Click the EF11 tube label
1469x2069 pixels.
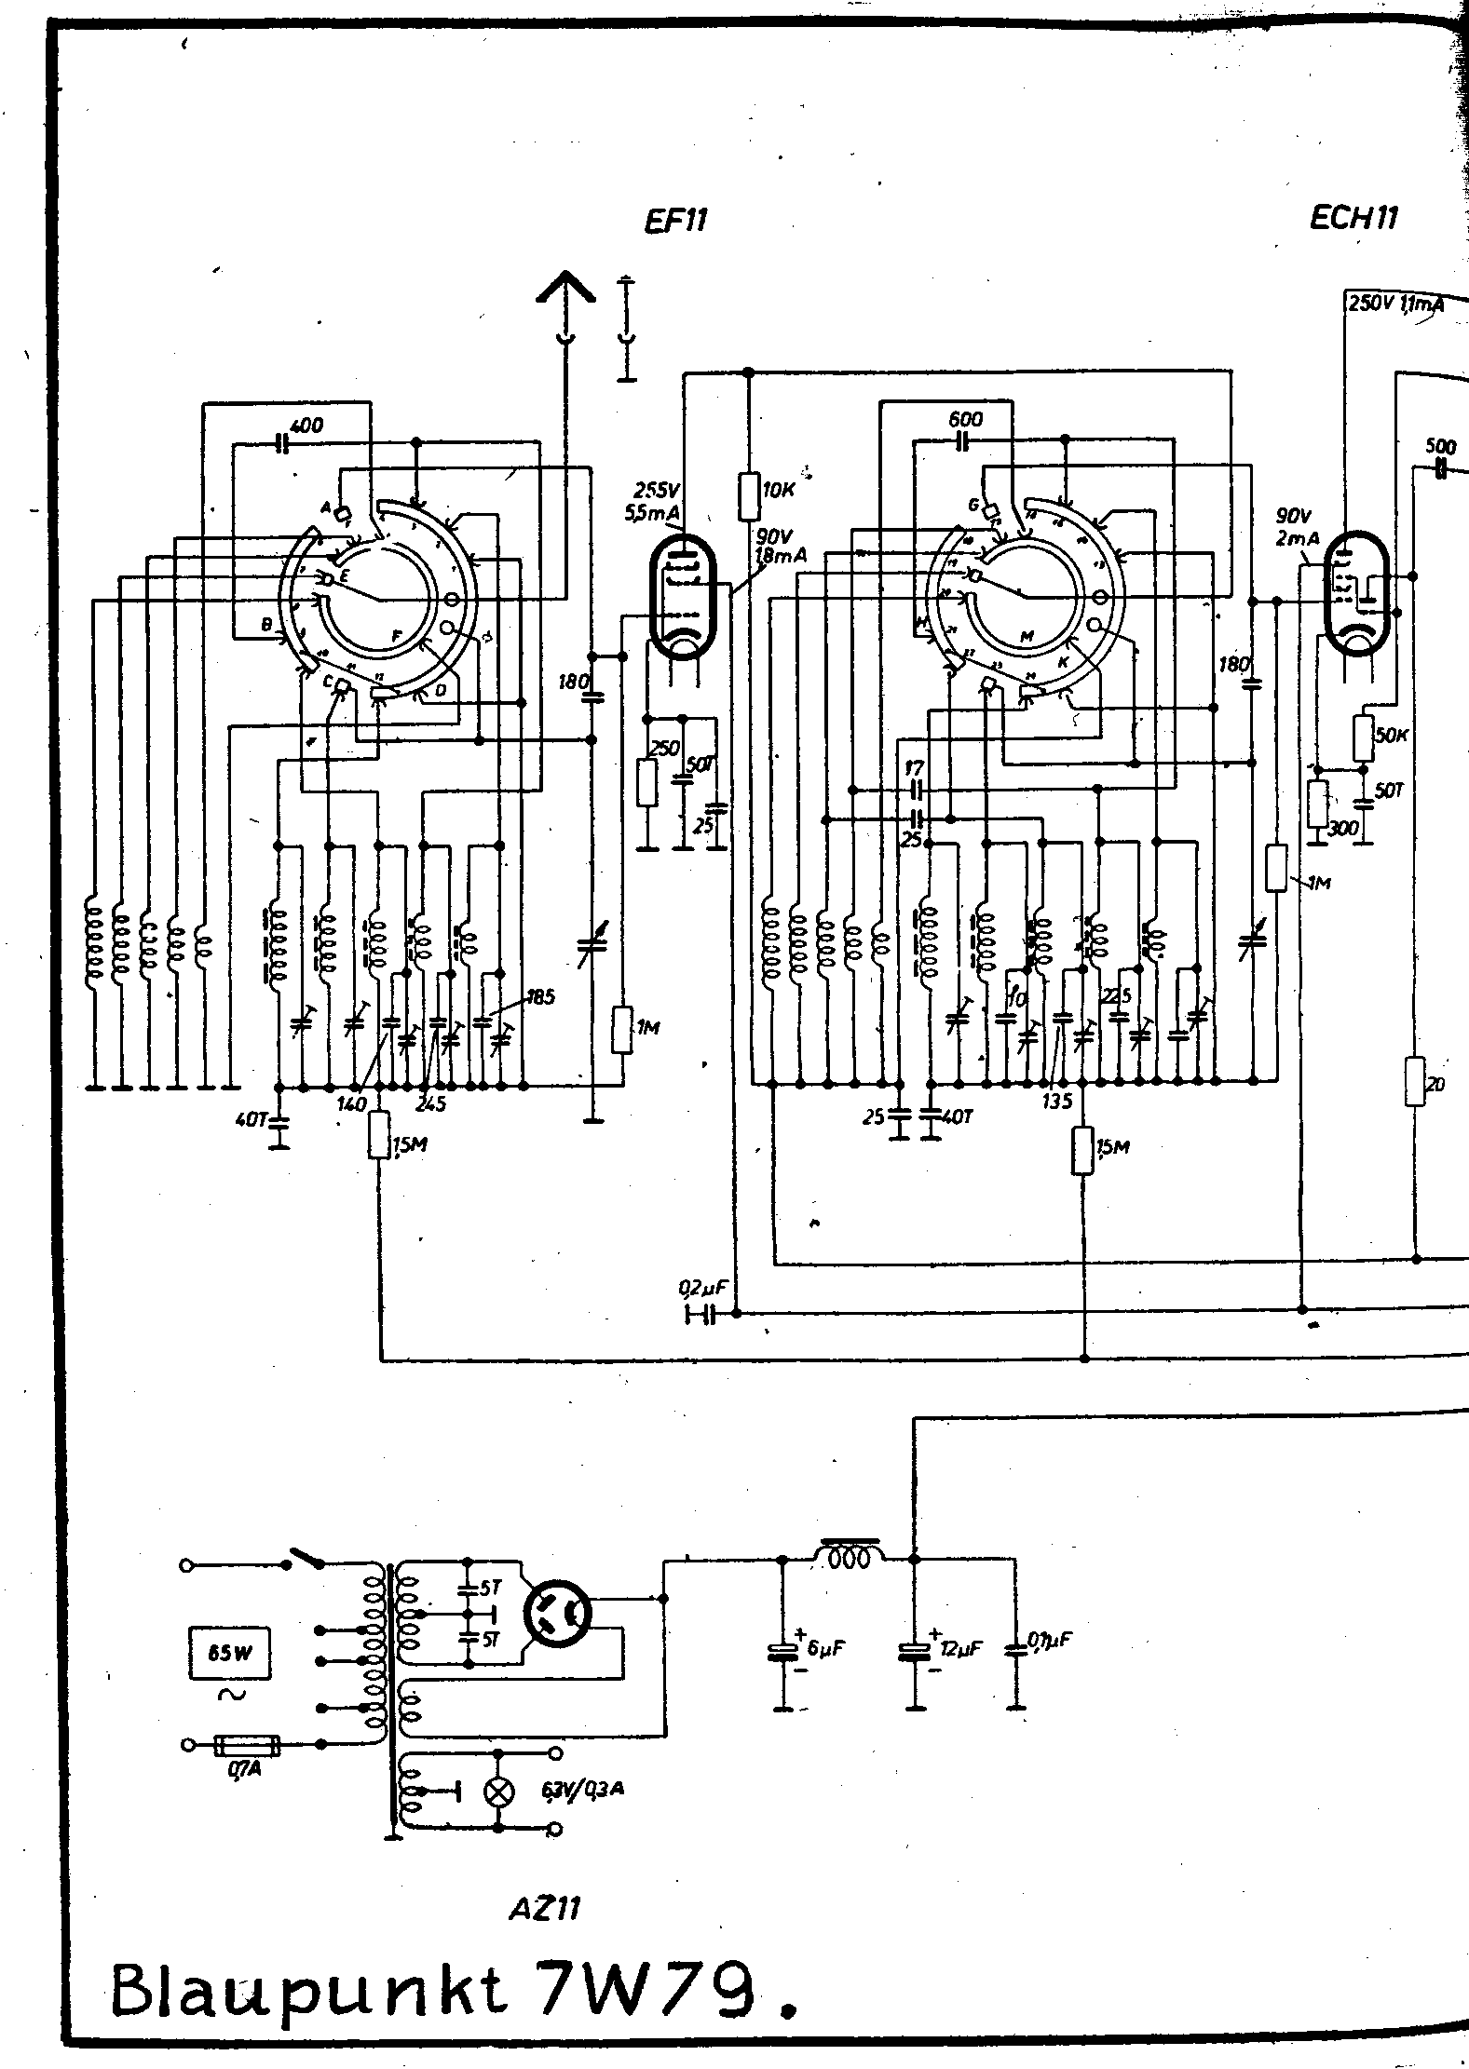[675, 222]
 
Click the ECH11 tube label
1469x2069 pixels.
[1353, 218]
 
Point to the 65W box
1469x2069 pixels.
[229, 1654]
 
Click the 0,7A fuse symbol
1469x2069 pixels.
[247, 1743]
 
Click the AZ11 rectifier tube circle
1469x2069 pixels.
[556, 1616]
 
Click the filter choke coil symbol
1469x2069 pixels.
[850, 1555]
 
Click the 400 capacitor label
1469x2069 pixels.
[306, 426]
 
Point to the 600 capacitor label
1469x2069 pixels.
[966, 420]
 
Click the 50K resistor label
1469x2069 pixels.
[1391, 735]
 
